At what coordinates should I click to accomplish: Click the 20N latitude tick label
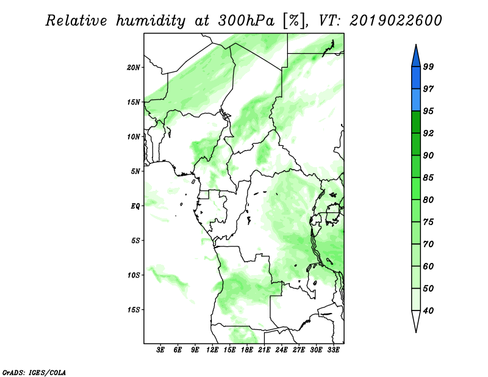(134, 68)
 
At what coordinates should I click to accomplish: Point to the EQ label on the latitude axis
(135, 206)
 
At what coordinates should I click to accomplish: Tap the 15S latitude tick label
(134, 310)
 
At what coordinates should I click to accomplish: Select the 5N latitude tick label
(135, 171)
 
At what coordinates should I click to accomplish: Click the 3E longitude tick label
(160, 350)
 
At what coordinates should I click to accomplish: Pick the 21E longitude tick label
(264, 350)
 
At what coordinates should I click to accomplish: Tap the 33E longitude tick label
(333, 350)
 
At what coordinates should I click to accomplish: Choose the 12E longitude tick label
(212, 350)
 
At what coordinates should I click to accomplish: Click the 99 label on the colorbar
(428, 66)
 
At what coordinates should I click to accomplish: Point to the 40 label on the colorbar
(428, 311)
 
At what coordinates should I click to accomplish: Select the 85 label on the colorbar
(428, 178)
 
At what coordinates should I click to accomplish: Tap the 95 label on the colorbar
(428, 111)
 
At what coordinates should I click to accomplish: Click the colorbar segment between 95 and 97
(416, 100)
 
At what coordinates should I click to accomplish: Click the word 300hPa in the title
(246, 21)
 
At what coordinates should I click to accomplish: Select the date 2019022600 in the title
(395, 21)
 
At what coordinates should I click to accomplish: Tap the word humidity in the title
(151, 21)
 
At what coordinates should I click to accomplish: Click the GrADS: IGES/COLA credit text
(34, 372)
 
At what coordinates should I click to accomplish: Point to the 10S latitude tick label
(134, 275)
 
